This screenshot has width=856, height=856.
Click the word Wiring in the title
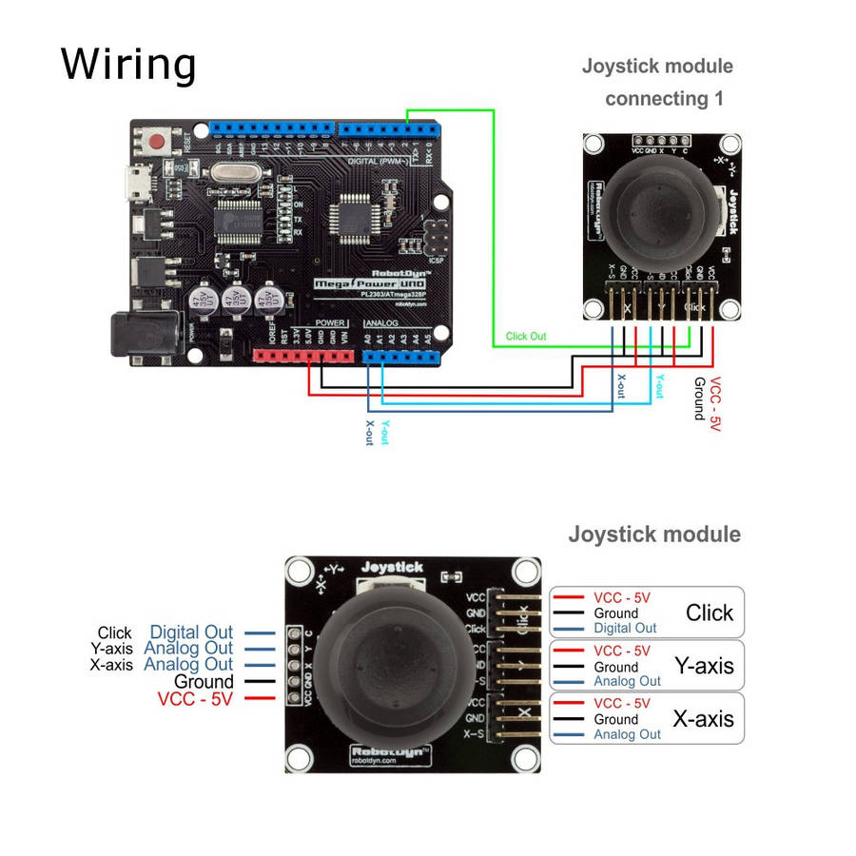point(128,65)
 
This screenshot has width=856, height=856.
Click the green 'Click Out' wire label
point(526,336)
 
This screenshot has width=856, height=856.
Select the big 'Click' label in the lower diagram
point(710,613)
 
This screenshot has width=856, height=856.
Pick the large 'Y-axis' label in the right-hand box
point(704,666)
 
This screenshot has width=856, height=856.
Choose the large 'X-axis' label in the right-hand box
point(703,719)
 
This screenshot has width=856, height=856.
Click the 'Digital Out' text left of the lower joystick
point(191,632)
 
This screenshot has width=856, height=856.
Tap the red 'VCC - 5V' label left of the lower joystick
point(195,699)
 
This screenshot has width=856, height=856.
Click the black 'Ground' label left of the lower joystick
point(204,682)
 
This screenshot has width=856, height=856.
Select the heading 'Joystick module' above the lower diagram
point(654,534)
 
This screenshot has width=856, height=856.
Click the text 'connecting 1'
point(664,98)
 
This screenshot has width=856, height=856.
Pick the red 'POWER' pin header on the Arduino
point(303,357)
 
